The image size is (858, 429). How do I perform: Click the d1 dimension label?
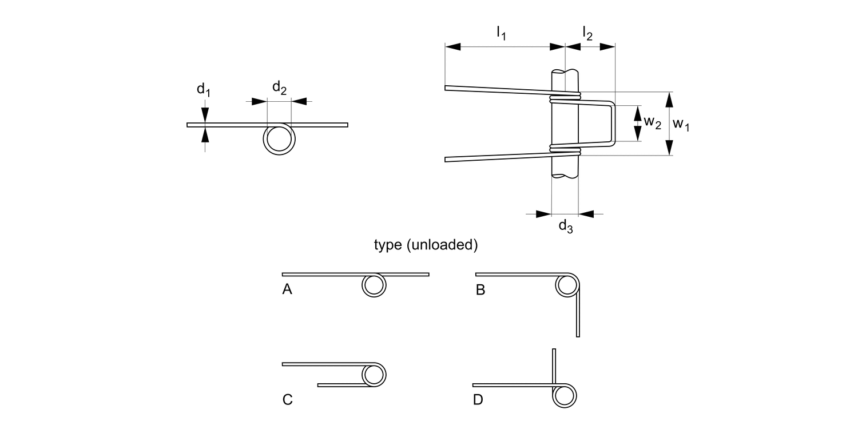[204, 89]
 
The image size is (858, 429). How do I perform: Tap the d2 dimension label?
[279, 88]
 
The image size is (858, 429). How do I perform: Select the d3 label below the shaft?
[565, 227]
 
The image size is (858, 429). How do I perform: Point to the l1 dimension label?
[501, 34]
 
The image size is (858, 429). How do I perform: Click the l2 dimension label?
[587, 34]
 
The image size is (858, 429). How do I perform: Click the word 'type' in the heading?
[388, 245]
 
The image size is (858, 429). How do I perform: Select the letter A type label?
[287, 291]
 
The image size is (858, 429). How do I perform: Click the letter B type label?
[480, 291]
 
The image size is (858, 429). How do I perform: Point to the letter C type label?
[288, 400]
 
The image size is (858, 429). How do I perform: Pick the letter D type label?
[478, 400]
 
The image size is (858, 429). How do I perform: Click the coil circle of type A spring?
[374, 285]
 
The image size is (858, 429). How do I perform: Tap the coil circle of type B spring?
[567, 285]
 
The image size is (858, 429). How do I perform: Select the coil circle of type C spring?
[374, 375]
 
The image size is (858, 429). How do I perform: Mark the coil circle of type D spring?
[564, 395]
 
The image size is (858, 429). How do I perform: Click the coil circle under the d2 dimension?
[279, 139]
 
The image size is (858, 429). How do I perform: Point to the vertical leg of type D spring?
[554, 365]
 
